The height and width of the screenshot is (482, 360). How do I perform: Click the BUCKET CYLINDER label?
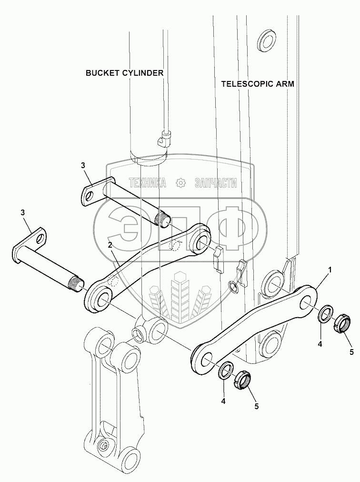124,73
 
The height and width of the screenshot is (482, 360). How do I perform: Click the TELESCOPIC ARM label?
258,84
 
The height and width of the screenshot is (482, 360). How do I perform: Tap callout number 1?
330,270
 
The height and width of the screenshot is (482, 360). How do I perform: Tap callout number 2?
110,245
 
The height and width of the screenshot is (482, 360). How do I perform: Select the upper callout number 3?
83,165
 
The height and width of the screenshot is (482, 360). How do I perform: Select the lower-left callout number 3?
22,212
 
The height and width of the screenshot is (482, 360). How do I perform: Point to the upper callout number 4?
320,344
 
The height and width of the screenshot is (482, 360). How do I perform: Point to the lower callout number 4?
223,401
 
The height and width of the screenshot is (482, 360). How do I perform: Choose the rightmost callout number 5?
352,352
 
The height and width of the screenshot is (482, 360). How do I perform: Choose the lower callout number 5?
256,406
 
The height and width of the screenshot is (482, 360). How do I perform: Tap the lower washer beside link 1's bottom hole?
227,371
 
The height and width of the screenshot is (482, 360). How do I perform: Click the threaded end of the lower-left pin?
77,282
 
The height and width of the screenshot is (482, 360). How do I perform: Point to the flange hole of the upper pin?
90,195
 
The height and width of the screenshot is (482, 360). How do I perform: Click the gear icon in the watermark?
180,183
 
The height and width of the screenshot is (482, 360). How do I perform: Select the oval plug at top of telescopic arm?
266,40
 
